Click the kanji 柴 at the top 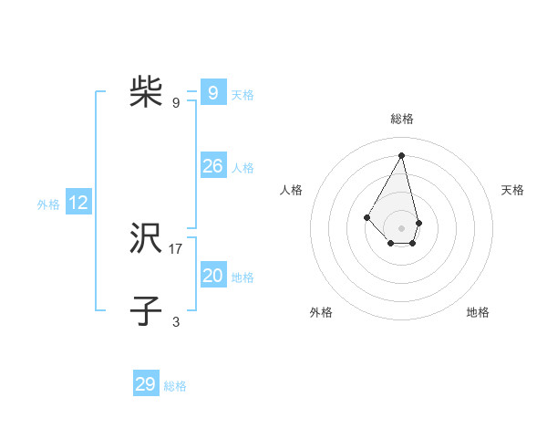coord(146,92)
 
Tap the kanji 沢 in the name coord(146,239)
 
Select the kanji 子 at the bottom coord(146,311)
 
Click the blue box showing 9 coord(212,93)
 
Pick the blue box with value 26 coord(212,166)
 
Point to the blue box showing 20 coord(212,276)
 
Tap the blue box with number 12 coord(78,203)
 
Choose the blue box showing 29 coord(145,384)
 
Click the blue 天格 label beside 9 coord(243,95)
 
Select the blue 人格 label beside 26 coord(243,168)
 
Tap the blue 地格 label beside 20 coord(243,277)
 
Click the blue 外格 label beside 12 coord(48,204)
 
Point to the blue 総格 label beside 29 coord(175,386)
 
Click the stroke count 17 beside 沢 coord(176,248)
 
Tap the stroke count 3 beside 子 coord(176,321)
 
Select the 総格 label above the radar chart coord(402,119)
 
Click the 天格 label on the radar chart coord(512,190)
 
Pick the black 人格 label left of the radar coord(291,190)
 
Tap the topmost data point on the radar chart coord(402,154)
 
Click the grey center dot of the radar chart coord(402,228)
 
